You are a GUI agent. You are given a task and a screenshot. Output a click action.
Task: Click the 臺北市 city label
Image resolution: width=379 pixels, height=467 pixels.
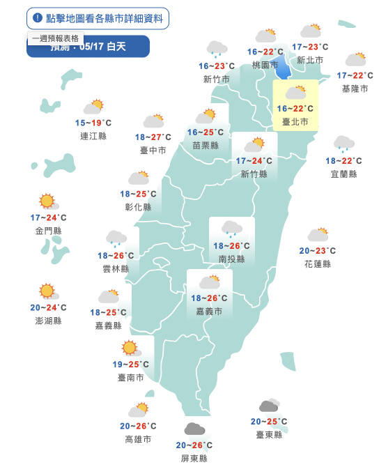(x=295, y=121)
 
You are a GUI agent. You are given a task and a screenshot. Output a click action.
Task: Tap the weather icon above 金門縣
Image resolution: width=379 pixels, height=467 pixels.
(x=48, y=202)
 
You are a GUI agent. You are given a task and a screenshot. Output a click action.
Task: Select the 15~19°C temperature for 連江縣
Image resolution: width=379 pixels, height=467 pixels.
(x=93, y=123)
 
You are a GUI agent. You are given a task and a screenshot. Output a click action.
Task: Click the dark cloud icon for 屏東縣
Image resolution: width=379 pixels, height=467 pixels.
(x=194, y=429)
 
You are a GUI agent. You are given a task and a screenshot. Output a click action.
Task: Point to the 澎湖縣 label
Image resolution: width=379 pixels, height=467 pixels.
(x=48, y=321)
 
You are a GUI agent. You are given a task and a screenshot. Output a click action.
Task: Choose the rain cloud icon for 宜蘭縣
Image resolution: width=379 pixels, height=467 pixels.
(x=342, y=144)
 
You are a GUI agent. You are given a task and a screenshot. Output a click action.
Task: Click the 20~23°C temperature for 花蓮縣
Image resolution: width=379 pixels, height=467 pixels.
(x=317, y=251)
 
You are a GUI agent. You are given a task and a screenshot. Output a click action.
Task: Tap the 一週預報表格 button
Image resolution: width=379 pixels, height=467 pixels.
(x=56, y=39)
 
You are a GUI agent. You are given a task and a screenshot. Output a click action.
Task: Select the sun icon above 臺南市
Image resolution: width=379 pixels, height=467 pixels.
(x=130, y=348)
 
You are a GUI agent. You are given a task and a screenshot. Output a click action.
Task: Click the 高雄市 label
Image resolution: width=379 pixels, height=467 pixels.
(x=137, y=439)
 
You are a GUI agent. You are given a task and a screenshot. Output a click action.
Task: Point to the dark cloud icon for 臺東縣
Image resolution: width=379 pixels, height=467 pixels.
(x=268, y=406)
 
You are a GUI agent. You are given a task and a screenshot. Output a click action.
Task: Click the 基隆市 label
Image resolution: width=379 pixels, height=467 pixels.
(x=355, y=89)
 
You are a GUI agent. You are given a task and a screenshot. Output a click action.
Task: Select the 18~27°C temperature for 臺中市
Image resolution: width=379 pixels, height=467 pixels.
(x=153, y=137)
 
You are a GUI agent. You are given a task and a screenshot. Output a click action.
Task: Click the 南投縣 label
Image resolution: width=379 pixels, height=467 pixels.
(x=231, y=259)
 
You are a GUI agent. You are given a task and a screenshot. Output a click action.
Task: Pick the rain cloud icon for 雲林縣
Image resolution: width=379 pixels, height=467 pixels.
(x=116, y=239)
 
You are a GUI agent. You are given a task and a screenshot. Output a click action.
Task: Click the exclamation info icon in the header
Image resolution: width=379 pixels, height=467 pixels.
(x=38, y=17)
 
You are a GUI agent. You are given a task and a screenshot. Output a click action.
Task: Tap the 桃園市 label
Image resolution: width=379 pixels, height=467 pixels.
(x=265, y=65)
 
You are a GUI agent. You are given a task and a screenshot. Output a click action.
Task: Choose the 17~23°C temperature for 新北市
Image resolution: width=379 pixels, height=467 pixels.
(x=309, y=47)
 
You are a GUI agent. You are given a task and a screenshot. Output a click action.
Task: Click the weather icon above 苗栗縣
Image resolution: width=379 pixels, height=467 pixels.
(x=206, y=116)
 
